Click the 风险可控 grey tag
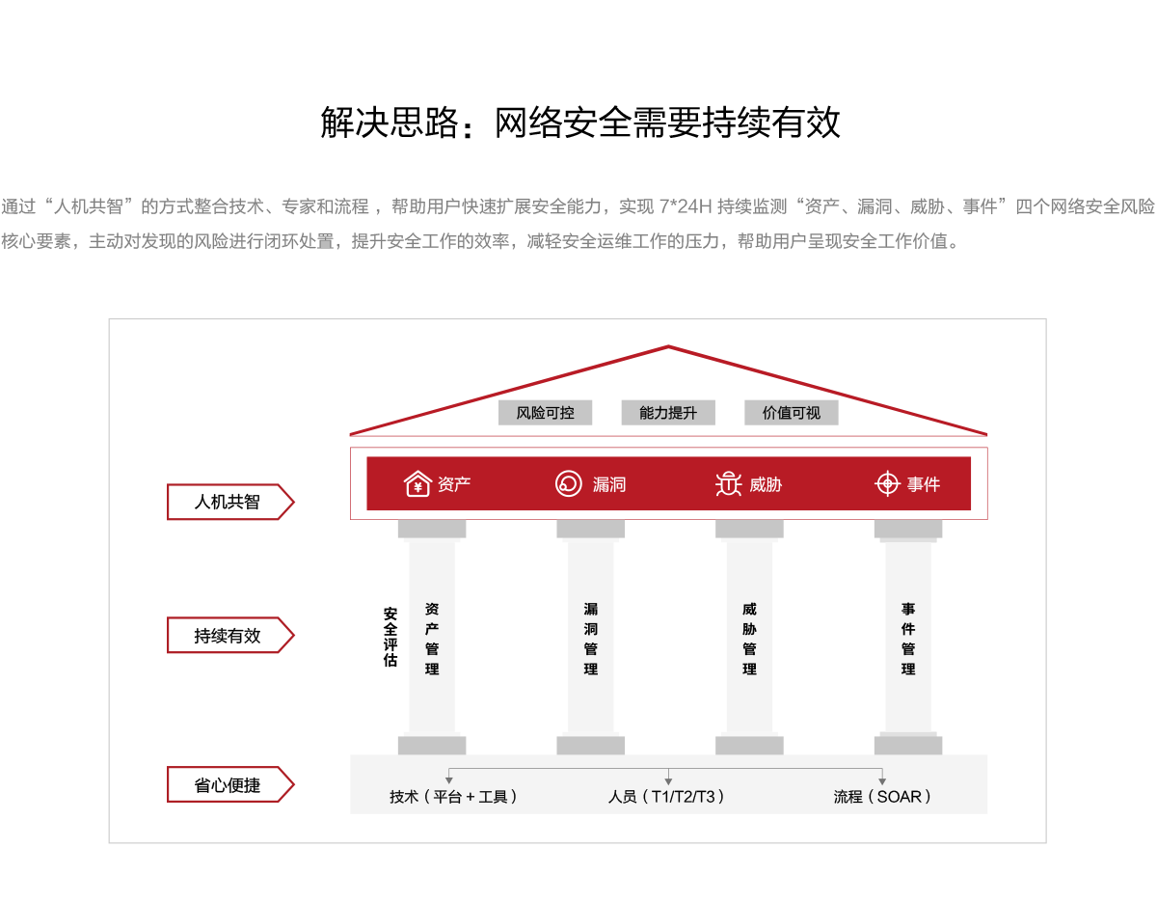545,413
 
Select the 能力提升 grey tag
668,413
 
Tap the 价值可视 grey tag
791,413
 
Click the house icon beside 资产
417,483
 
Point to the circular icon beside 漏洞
569,483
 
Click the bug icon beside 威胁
728,483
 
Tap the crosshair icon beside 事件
887,483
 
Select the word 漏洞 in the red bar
609,484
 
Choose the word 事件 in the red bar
924,484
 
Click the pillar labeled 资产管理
432,638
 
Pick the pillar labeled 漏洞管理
591,638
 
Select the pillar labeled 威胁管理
749,638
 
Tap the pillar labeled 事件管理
908,638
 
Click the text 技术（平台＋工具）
453,797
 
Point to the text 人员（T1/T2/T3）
666,797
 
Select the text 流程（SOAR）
882,797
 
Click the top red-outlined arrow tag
229,502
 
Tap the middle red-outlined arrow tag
229,635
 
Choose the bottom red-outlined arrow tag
229,784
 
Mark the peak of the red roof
668,346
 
